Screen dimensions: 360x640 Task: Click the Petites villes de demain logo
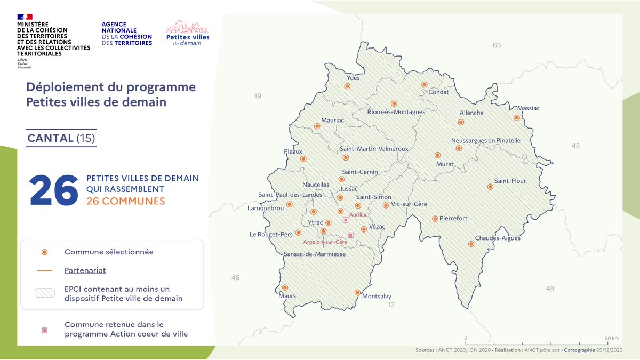pos(187,33)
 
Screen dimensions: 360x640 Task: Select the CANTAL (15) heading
pos(61,138)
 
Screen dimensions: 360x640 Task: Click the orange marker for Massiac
pos(516,118)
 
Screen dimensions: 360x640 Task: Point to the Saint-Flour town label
pos(510,181)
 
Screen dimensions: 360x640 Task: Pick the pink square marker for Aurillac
pos(345,220)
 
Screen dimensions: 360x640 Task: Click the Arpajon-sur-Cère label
pos(325,242)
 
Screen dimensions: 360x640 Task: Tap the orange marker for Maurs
pos(285,287)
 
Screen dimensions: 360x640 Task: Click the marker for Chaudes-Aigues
pos(471,244)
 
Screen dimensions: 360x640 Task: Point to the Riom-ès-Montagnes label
pos(396,112)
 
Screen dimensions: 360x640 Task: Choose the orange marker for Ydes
pos(347,86)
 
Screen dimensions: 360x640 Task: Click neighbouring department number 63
pos(497,45)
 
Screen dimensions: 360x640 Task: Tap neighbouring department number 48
pos(550,289)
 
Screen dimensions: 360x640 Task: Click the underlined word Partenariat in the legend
pos(85,270)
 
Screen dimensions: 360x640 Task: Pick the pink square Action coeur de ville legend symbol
pos(45,330)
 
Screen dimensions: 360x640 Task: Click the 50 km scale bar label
pos(612,338)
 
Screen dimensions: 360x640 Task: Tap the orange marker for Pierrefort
pos(435,219)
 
